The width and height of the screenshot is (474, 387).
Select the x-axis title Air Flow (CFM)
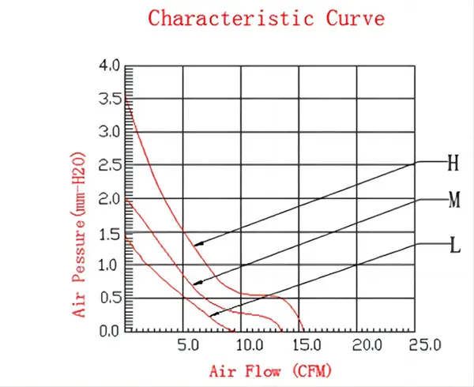coord(270,370)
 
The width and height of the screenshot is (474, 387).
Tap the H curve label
coord(453,163)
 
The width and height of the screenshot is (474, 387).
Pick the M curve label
coord(453,201)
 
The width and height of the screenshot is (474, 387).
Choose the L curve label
coord(454,246)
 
